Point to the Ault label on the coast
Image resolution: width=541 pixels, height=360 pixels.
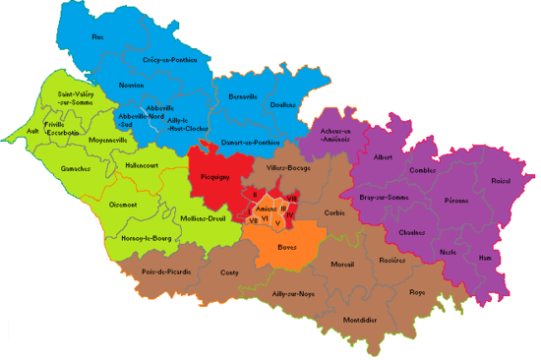32,129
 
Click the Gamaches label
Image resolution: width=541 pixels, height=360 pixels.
76,168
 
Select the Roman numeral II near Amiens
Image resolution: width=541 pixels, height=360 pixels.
254,196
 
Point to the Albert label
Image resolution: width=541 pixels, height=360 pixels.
383,157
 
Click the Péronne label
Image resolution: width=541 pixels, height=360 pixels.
455,201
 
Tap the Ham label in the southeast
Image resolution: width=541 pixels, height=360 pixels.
484,258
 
